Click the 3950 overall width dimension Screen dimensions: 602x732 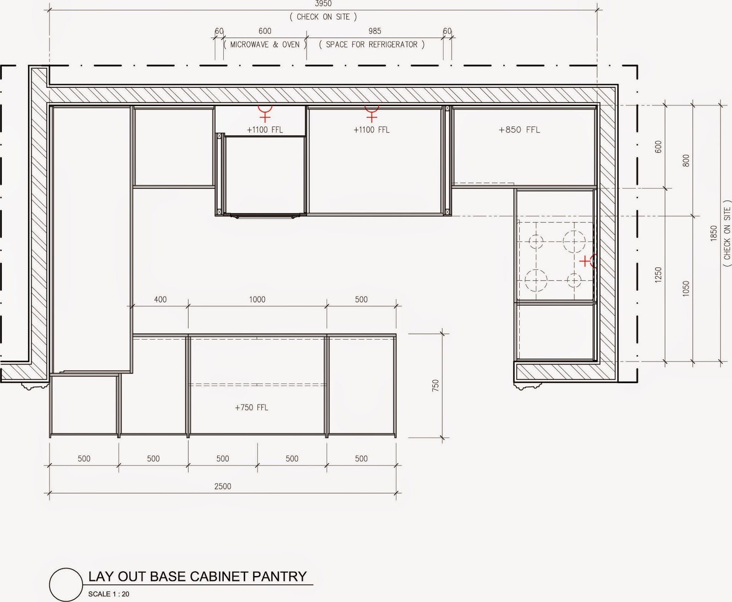[323, 4]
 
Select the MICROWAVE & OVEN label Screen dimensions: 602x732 [265, 44]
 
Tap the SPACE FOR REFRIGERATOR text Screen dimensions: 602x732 [371, 44]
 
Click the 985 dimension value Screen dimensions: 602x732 [374, 31]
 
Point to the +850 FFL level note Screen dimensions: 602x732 [519, 130]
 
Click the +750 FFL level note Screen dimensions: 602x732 [251, 407]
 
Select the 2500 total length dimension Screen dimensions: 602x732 [223, 486]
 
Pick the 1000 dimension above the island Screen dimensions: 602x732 [257, 299]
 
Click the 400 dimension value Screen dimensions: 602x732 [160, 299]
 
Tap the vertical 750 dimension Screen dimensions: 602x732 [435, 385]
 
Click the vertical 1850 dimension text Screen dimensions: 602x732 [714, 234]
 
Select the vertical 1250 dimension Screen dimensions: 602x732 [658, 275]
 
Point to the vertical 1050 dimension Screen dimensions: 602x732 [686, 288]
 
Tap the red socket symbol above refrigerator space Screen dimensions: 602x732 [371, 113]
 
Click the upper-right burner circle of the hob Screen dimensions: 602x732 [574, 241]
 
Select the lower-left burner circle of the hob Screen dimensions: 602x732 [536, 280]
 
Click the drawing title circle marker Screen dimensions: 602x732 [66, 585]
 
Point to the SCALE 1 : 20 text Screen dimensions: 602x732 [109, 594]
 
